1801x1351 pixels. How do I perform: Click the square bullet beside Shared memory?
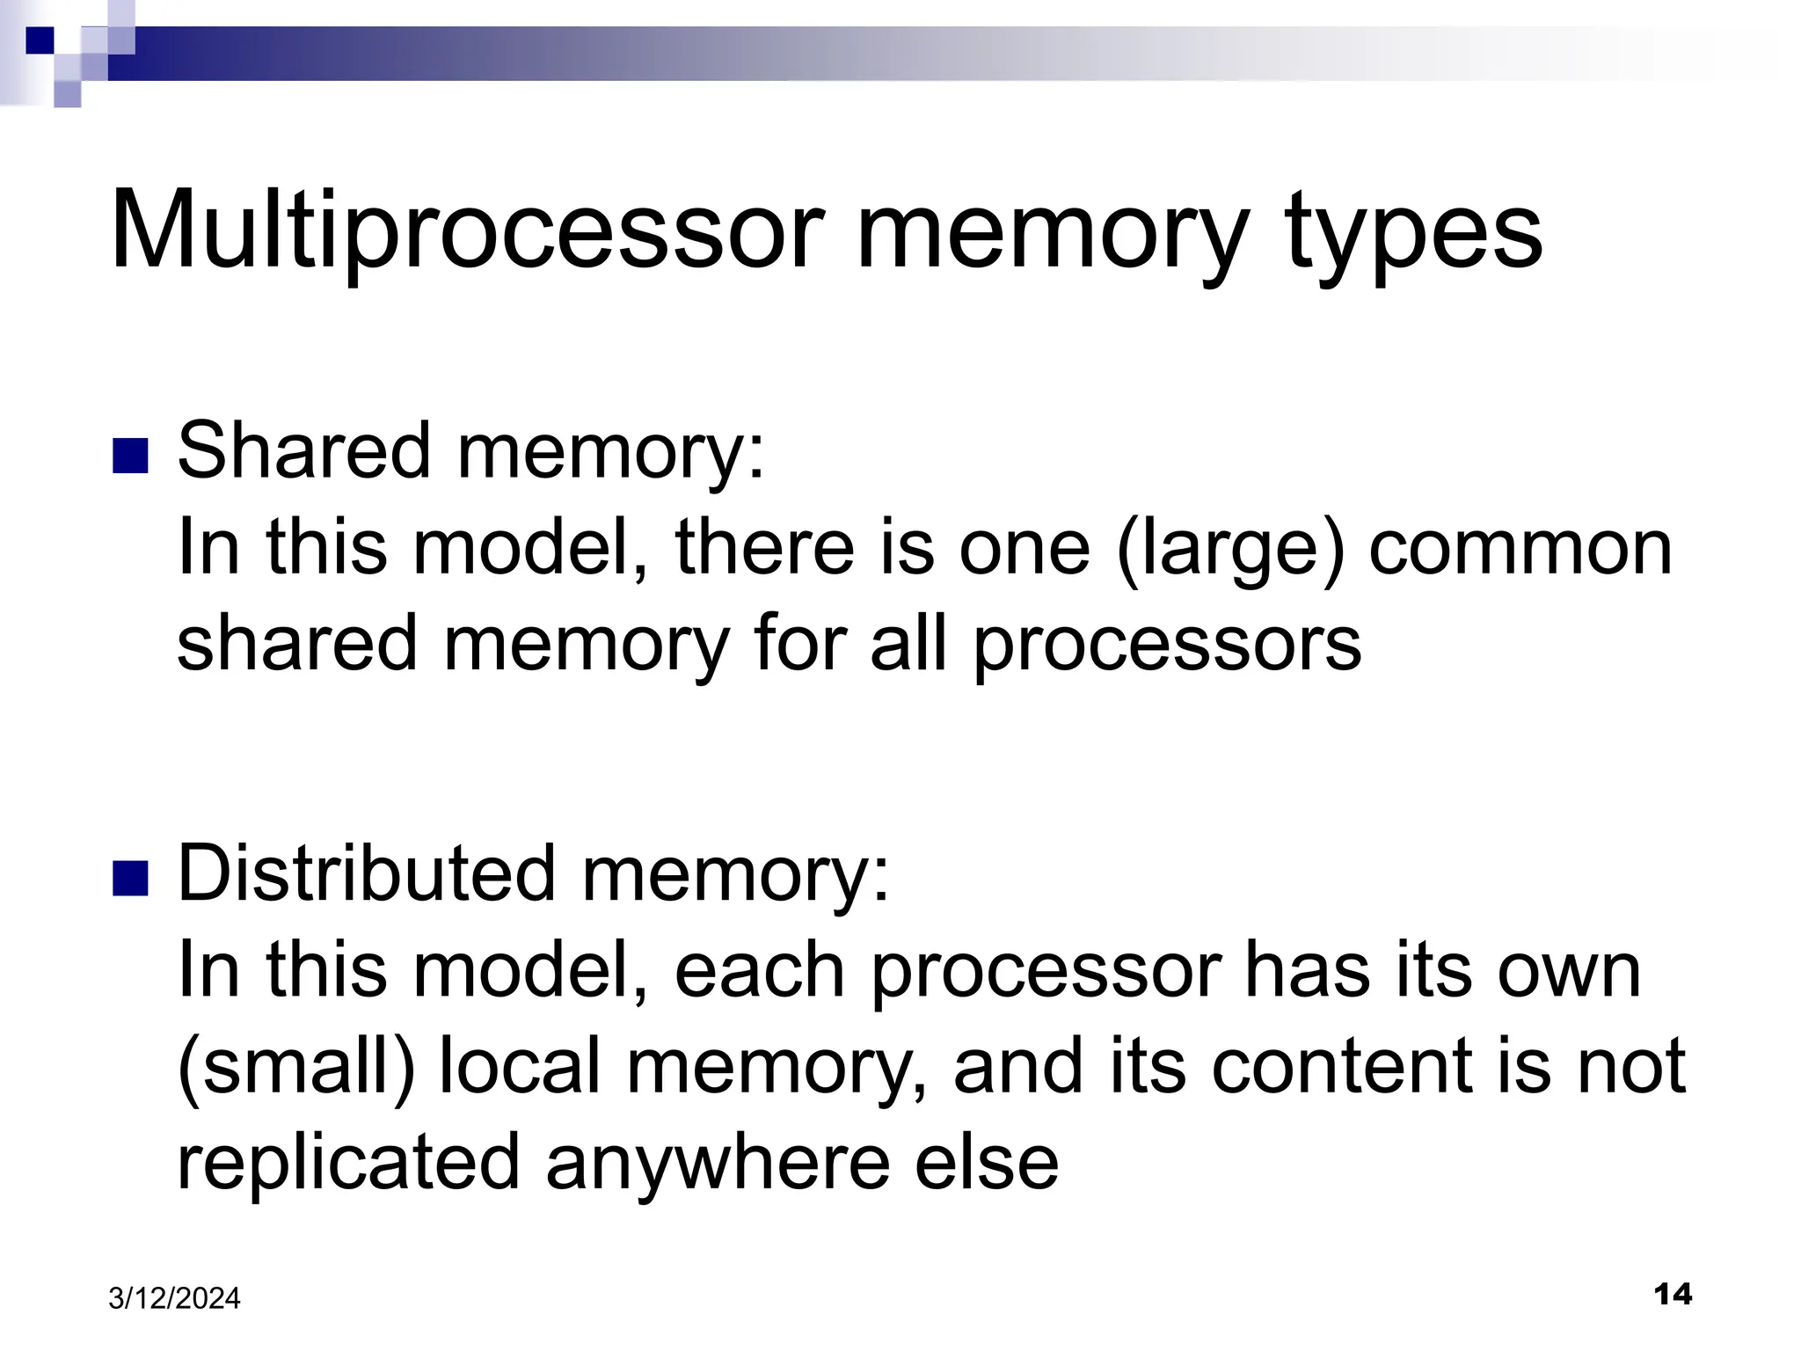click(x=129, y=456)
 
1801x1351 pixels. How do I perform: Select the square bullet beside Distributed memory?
click(x=129, y=878)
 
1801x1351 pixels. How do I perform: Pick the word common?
click(x=1520, y=548)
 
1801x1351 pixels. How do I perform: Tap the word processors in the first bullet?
click(x=1167, y=645)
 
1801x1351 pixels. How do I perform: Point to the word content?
click(x=1341, y=1065)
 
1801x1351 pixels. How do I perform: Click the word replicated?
click(x=349, y=1162)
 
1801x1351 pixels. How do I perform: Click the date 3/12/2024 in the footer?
click(x=174, y=1298)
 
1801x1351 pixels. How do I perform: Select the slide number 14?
click(x=1673, y=1294)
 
